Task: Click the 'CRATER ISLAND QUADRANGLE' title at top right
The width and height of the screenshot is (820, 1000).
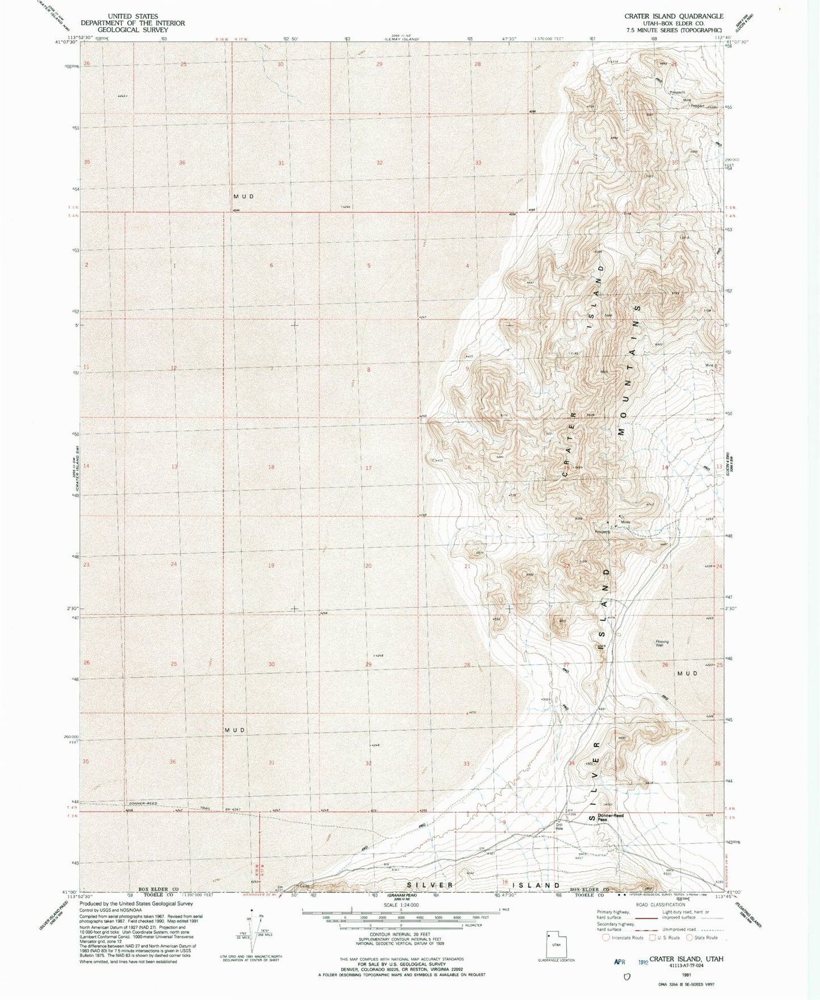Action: (x=674, y=16)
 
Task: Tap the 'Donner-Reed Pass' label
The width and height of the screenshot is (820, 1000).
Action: (x=611, y=817)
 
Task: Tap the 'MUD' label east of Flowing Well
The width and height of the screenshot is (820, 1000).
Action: (x=687, y=673)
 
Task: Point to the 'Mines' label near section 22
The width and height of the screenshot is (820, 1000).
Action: (x=625, y=522)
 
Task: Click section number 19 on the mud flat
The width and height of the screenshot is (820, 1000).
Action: (x=271, y=566)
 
